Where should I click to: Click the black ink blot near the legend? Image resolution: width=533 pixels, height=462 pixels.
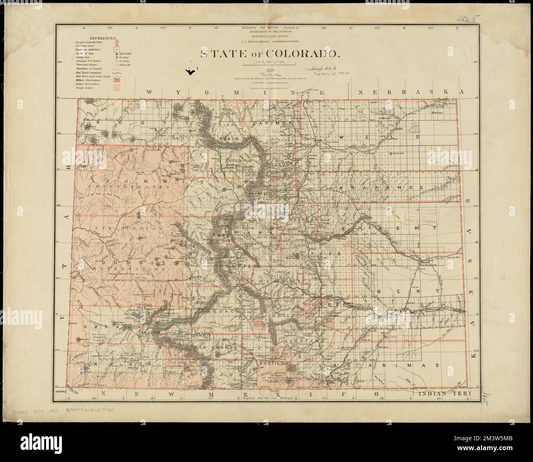(x=190, y=72)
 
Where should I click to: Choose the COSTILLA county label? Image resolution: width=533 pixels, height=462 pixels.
(x=270, y=363)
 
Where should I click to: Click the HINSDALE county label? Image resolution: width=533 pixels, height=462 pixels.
(x=177, y=340)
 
